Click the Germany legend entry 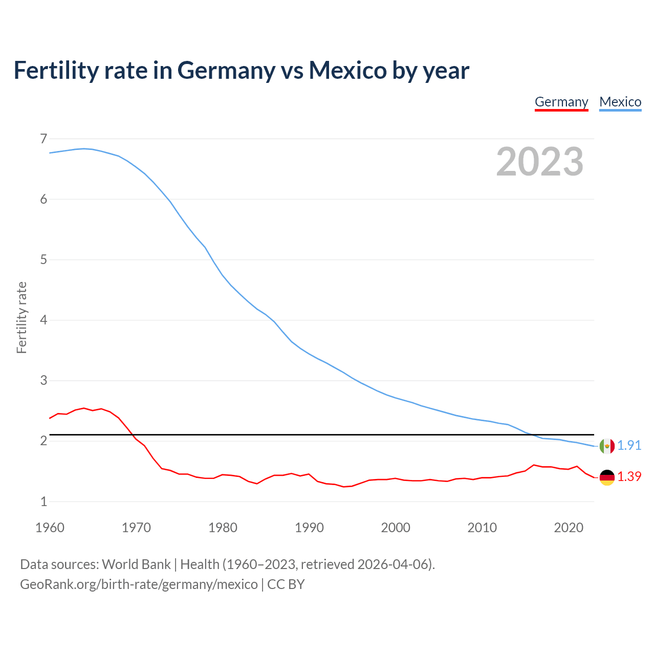[561, 102]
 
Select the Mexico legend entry [620, 102]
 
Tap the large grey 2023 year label [539, 162]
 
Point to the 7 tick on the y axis [43, 139]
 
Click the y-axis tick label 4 [43, 320]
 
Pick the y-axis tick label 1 [43, 502]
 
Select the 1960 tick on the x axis [50, 528]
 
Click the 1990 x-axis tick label [309, 528]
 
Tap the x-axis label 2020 [569, 528]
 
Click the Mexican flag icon [607, 446]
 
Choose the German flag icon [607, 477]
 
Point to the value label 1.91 [629, 446]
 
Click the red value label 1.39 [629, 477]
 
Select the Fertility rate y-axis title [21, 317]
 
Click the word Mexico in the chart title [347, 71]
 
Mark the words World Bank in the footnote [136, 564]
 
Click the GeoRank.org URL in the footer [139, 584]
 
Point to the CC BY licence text [286, 584]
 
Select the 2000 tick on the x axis [396, 528]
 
